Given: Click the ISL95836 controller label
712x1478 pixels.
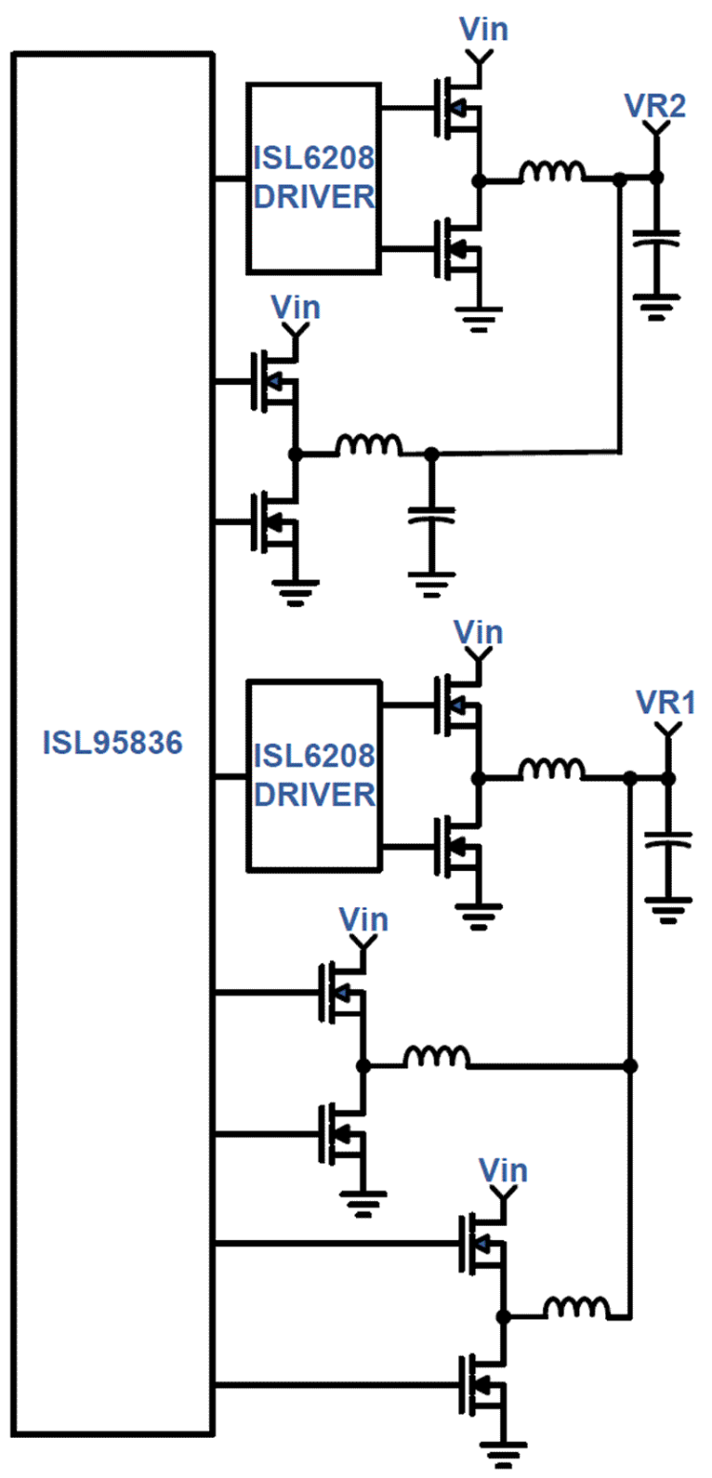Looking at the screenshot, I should (112, 742).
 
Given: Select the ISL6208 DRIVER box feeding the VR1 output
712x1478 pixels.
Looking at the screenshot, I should (313, 775).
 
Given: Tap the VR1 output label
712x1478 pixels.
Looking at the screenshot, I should (666, 704).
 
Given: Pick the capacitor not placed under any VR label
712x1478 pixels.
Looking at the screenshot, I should (431, 517).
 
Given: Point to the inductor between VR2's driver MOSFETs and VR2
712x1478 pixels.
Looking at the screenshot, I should (552, 172).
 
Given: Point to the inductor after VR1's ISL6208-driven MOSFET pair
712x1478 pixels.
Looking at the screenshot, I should (551, 770).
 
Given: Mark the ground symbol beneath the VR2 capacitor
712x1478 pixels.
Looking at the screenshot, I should (656, 307).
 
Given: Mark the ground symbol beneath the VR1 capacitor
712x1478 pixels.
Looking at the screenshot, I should (668, 907).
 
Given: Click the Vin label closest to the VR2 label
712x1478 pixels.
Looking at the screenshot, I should (484, 30).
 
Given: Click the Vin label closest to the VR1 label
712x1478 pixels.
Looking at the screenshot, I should (478, 632).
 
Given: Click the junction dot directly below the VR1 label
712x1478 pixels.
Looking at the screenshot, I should (668, 779).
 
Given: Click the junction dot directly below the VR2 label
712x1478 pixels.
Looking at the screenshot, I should (656, 178).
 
